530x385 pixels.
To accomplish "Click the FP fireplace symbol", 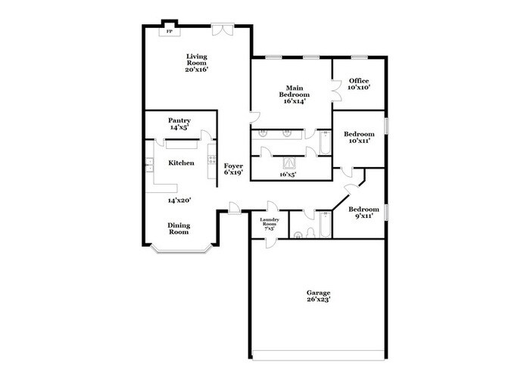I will (x=170, y=32).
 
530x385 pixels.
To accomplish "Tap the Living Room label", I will (x=196, y=63).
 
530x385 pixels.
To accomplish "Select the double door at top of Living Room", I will (x=221, y=29).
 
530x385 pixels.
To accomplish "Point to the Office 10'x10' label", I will (x=358, y=84).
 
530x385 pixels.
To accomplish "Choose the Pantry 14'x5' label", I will (x=179, y=123).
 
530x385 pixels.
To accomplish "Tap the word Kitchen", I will (x=181, y=163).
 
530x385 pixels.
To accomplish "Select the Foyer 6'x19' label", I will (x=232, y=168).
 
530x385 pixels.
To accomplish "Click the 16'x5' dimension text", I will (x=287, y=174).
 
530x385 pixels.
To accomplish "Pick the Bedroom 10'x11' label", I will (x=360, y=137).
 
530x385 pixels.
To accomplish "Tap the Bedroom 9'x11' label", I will (x=363, y=213).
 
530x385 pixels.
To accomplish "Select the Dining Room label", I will (x=179, y=228).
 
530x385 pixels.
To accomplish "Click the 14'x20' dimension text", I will (x=179, y=200).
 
